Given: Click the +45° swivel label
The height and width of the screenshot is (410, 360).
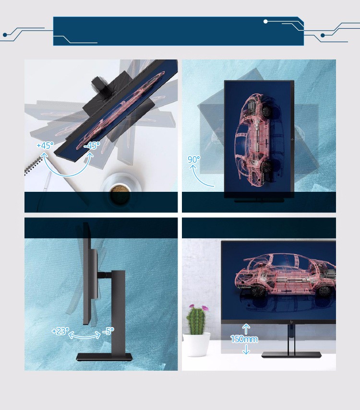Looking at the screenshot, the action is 45,145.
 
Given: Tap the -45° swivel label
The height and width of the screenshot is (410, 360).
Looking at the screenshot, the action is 92,145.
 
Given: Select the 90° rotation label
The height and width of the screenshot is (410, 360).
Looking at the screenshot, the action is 194,159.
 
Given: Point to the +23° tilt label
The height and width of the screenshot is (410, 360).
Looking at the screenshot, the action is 60,331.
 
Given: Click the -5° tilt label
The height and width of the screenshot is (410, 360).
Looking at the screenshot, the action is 108,331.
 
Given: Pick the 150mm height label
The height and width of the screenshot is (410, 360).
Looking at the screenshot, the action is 244,339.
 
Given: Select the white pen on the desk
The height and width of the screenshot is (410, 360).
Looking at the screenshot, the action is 48,181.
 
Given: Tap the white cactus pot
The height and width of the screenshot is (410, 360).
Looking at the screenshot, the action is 196,344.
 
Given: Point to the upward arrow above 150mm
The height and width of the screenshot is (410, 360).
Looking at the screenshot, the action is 246,328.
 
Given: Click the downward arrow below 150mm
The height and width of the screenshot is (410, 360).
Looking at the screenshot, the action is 246,349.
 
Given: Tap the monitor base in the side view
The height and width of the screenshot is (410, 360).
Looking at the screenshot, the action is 104,357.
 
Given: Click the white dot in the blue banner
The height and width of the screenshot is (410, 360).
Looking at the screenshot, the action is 265,22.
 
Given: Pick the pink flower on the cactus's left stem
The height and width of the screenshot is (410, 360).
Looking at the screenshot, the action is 192,306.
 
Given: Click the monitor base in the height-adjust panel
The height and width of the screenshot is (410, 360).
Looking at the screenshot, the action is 291,354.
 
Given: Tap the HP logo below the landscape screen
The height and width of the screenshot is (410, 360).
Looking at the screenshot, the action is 291,323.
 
